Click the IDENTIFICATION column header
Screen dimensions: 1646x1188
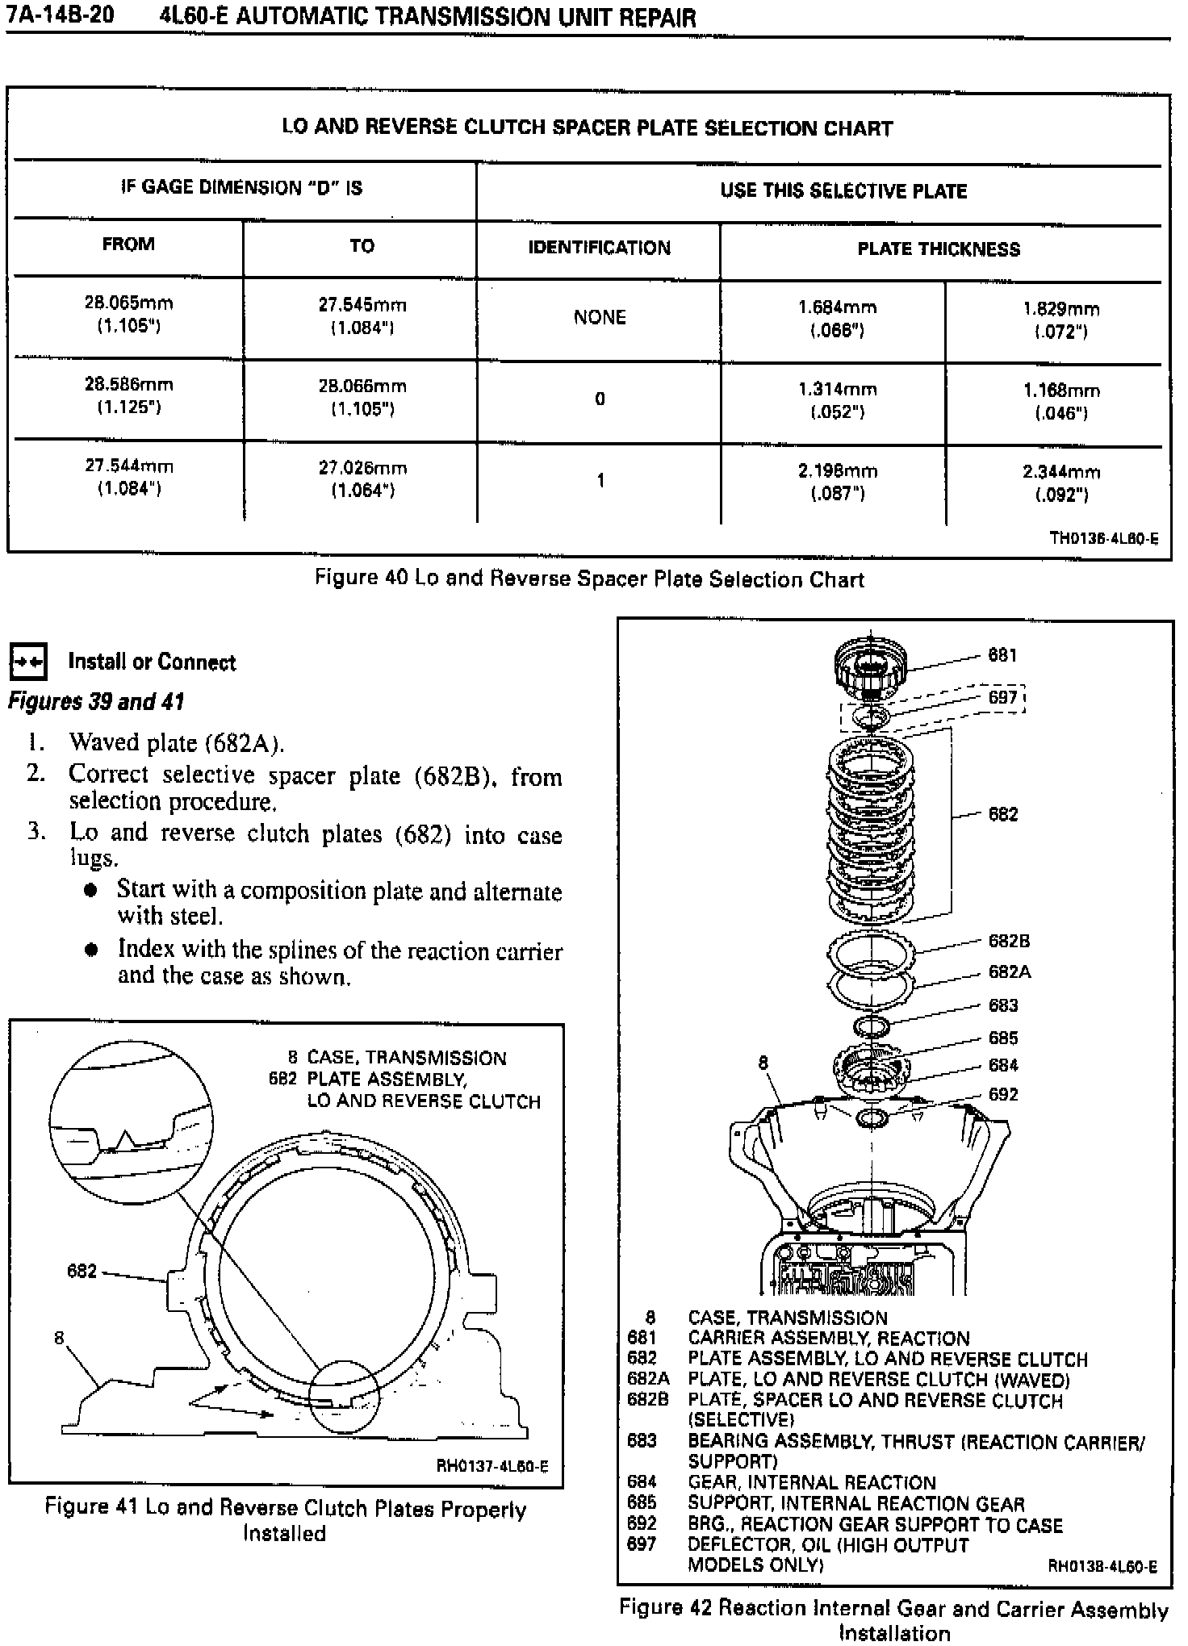click(x=599, y=248)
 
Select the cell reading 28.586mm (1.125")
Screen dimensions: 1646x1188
click(x=129, y=395)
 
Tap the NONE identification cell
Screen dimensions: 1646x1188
click(x=600, y=317)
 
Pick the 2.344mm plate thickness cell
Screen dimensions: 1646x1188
click(x=1061, y=483)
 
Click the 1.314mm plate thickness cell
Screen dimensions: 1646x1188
click(x=837, y=400)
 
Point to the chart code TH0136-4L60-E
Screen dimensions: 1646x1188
click(x=1103, y=538)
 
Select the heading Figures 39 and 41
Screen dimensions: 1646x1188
click(x=96, y=702)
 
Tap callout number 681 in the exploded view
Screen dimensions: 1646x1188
click(x=1002, y=655)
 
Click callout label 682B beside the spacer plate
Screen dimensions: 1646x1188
click(x=1009, y=941)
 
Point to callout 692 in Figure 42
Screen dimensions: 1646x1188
click(x=1003, y=1094)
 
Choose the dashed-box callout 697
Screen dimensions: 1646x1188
click(x=1003, y=697)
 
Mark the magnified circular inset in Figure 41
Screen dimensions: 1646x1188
click(x=131, y=1122)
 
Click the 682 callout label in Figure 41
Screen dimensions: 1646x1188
click(x=82, y=1271)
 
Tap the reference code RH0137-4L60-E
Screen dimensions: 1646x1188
click(x=492, y=1466)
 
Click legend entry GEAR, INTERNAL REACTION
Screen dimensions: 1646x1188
click(x=811, y=1482)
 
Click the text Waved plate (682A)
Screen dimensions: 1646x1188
click(x=177, y=742)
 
